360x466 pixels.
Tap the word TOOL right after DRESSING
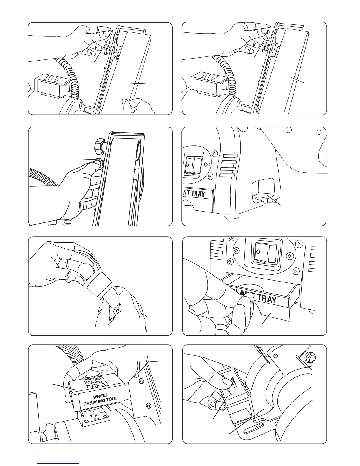pos(112,399)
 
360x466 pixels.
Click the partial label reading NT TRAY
pos(197,194)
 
